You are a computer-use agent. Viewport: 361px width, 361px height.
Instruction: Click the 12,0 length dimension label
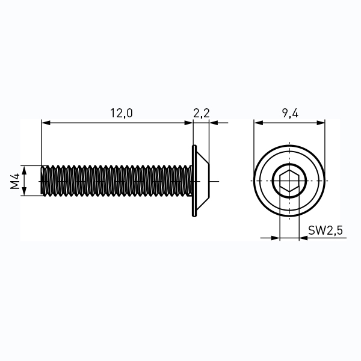click(120, 113)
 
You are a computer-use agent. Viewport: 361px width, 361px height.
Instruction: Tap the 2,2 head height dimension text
click(201, 113)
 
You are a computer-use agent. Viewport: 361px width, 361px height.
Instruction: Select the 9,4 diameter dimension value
click(290, 113)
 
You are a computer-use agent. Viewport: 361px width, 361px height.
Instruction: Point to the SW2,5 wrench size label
click(325, 230)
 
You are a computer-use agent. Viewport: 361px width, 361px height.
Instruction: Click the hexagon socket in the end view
click(289, 181)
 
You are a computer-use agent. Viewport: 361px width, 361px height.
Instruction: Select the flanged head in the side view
click(203, 180)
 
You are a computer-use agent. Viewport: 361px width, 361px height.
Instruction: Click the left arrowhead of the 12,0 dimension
click(45, 123)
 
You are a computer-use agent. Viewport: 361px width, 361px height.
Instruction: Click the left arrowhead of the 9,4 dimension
click(258, 123)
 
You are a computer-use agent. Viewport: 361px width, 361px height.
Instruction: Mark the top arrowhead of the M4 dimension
click(24, 169)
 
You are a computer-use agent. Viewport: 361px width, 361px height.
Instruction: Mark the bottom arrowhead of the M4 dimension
click(24, 193)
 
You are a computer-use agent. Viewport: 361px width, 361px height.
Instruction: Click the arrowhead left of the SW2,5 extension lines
click(276, 238)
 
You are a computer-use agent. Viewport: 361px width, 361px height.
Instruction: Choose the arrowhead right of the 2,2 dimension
click(213, 123)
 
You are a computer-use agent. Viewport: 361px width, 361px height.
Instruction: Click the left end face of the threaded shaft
click(42, 180)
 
